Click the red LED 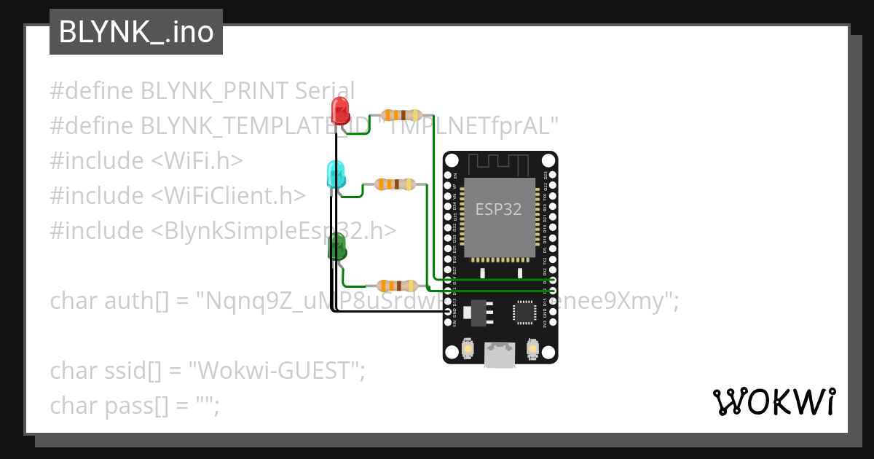pyautogui.click(x=339, y=111)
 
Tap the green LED pyautogui.click(x=337, y=248)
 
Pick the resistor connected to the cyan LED pyautogui.click(x=395, y=185)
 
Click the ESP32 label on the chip pyautogui.click(x=498, y=210)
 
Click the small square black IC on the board pyautogui.click(x=524, y=311)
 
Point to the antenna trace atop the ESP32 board pyautogui.click(x=499, y=162)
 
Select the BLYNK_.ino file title pyautogui.click(x=136, y=33)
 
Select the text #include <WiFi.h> pyautogui.click(x=146, y=160)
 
